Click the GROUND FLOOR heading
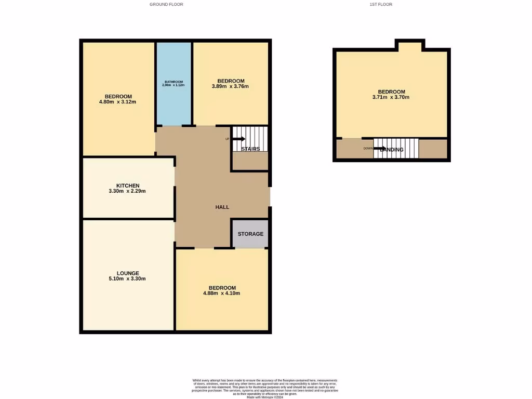click(x=166, y=4)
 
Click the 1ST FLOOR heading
click(x=380, y=4)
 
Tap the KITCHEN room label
click(x=128, y=185)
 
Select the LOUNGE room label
click(x=128, y=273)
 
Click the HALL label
click(x=222, y=207)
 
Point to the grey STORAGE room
click(x=250, y=234)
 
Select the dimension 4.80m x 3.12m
click(x=117, y=102)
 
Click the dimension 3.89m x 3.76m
click(x=231, y=86)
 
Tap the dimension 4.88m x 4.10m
click(x=222, y=293)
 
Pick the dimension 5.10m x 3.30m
click(x=128, y=279)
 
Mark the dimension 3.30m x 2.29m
click(x=128, y=191)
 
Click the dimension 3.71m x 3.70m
click(x=391, y=97)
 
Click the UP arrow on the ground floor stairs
click(x=238, y=139)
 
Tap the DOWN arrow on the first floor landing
click(x=380, y=149)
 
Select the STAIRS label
click(x=250, y=149)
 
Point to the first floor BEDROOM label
click(x=391, y=91)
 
